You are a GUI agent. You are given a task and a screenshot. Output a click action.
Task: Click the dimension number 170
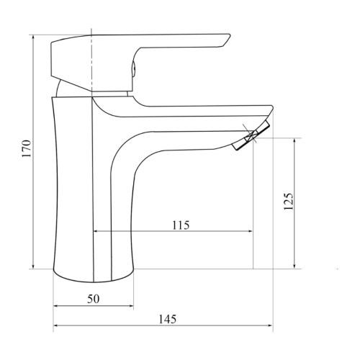point(27,149)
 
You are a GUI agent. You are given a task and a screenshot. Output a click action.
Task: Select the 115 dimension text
point(180,225)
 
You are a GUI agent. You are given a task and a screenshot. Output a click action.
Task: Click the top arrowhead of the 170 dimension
point(34,37)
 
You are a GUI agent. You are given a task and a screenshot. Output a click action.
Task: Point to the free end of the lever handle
point(225,40)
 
